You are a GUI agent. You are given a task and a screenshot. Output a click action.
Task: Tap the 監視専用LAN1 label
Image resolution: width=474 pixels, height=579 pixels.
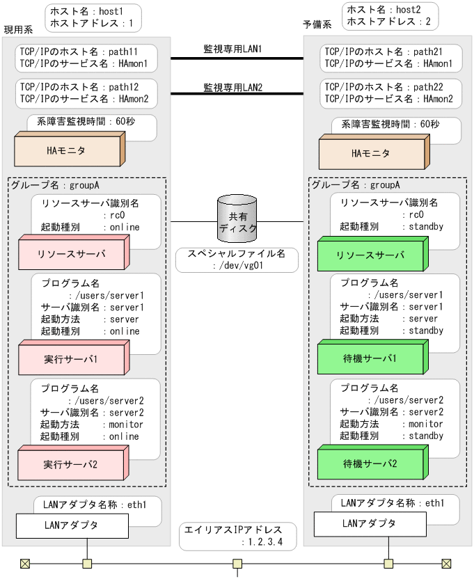(227, 49)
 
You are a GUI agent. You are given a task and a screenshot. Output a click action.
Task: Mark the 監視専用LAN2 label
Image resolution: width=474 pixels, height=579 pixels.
(227, 88)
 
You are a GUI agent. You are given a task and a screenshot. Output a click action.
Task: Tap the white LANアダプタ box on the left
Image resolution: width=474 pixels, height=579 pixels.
(72, 525)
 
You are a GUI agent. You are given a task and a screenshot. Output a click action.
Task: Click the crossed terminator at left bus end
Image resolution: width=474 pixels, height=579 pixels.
(25, 564)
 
